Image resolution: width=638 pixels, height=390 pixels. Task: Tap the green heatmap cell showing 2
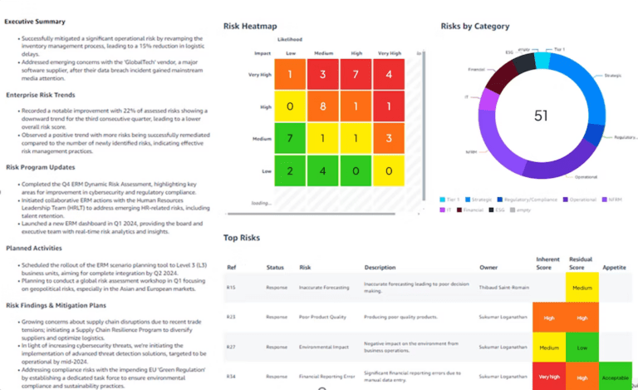[x=290, y=170]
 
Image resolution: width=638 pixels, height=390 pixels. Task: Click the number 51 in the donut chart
[x=541, y=116]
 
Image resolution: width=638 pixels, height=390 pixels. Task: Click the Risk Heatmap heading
[x=251, y=27]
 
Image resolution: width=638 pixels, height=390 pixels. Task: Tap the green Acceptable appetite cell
[x=615, y=377]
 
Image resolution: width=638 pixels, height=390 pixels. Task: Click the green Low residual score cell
[x=582, y=347]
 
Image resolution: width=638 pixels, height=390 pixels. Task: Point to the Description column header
[x=381, y=268]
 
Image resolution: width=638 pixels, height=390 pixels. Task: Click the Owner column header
[x=488, y=268]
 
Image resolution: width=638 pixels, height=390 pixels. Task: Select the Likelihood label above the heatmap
[x=290, y=39]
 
